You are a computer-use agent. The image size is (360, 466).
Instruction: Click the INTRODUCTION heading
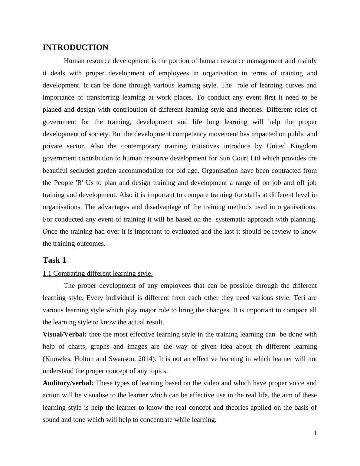click(75, 48)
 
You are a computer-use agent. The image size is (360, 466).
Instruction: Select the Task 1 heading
click(54, 260)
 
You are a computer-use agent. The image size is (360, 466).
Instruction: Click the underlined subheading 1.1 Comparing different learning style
click(97, 274)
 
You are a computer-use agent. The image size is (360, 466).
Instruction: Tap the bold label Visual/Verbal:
click(65, 334)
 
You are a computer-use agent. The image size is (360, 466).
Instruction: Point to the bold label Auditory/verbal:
click(68, 383)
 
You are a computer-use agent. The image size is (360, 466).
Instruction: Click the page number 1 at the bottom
click(315, 433)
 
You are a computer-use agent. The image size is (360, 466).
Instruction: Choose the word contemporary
click(140, 146)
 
